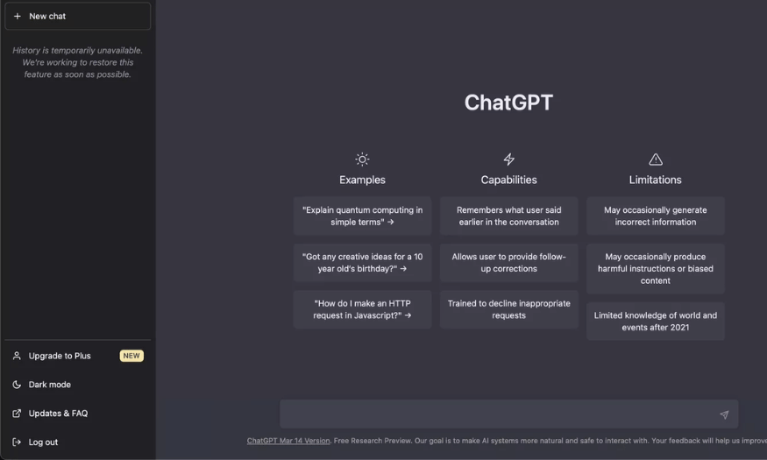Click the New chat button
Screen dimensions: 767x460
click(78, 16)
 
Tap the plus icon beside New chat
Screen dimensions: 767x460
click(18, 16)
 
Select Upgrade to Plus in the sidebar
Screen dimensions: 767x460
click(60, 356)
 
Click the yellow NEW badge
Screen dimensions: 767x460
click(131, 356)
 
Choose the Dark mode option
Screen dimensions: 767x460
click(49, 385)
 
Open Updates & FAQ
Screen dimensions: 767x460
click(58, 414)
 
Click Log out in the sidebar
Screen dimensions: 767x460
click(43, 442)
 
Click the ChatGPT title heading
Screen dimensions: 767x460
click(508, 103)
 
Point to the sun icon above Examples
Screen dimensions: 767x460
click(362, 159)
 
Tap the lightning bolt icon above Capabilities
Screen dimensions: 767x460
click(508, 159)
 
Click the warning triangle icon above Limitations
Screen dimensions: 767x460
click(656, 159)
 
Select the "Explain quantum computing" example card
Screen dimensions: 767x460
click(363, 216)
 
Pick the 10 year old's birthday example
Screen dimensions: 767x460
click(363, 263)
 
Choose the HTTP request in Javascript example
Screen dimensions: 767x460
click(363, 309)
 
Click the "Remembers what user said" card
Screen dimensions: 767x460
click(508, 216)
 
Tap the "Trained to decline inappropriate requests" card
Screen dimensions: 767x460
click(508, 309)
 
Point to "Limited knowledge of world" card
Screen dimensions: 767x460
click(656, 322)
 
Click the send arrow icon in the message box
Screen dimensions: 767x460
click(724, 414)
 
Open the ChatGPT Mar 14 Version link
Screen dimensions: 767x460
click(288, 441)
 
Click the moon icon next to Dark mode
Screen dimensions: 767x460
click(17, 385)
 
